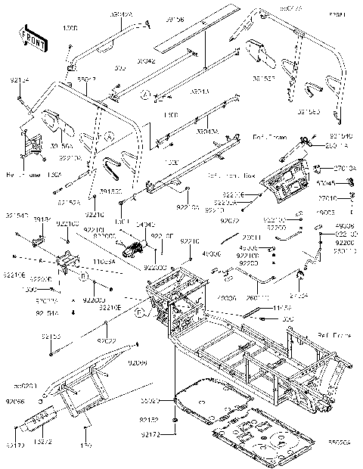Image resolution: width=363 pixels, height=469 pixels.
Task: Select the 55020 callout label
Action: pyautogui.click(x=150, y=399)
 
